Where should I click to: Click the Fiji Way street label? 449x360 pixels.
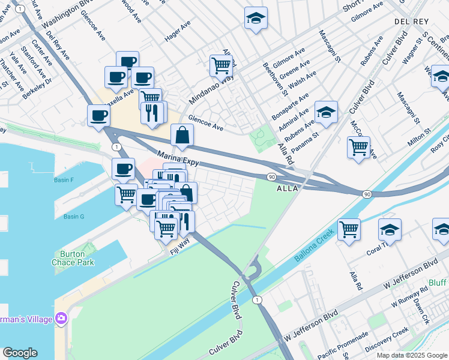click(179, 246)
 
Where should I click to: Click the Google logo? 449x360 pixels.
click(20, 353)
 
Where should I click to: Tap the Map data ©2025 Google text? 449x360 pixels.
click(412, 355)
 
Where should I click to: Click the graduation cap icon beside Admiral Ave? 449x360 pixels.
click(326, 112)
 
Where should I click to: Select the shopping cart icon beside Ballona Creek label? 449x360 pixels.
click(349, 228)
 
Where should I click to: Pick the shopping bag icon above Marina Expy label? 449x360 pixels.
click(182, 136)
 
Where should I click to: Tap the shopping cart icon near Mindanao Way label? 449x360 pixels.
click(221, 65)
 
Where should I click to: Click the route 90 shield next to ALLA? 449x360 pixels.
click(271, 176)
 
